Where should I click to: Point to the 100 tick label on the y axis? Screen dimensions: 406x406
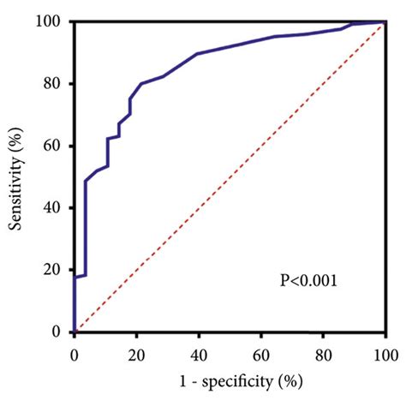52,21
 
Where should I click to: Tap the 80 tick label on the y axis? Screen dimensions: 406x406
56,84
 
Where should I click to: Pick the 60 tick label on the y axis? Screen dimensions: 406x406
56,146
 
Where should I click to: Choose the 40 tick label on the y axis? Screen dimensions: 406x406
56,208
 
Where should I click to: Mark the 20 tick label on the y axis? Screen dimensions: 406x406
56,270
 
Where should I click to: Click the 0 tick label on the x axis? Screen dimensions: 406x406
75,350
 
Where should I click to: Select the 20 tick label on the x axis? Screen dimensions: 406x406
137,350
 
